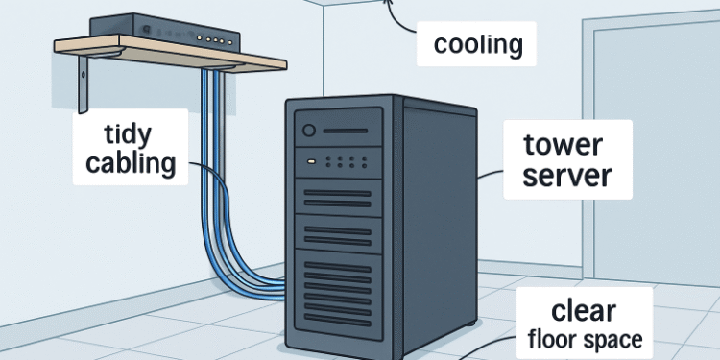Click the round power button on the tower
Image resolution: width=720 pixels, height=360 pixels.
309,131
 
